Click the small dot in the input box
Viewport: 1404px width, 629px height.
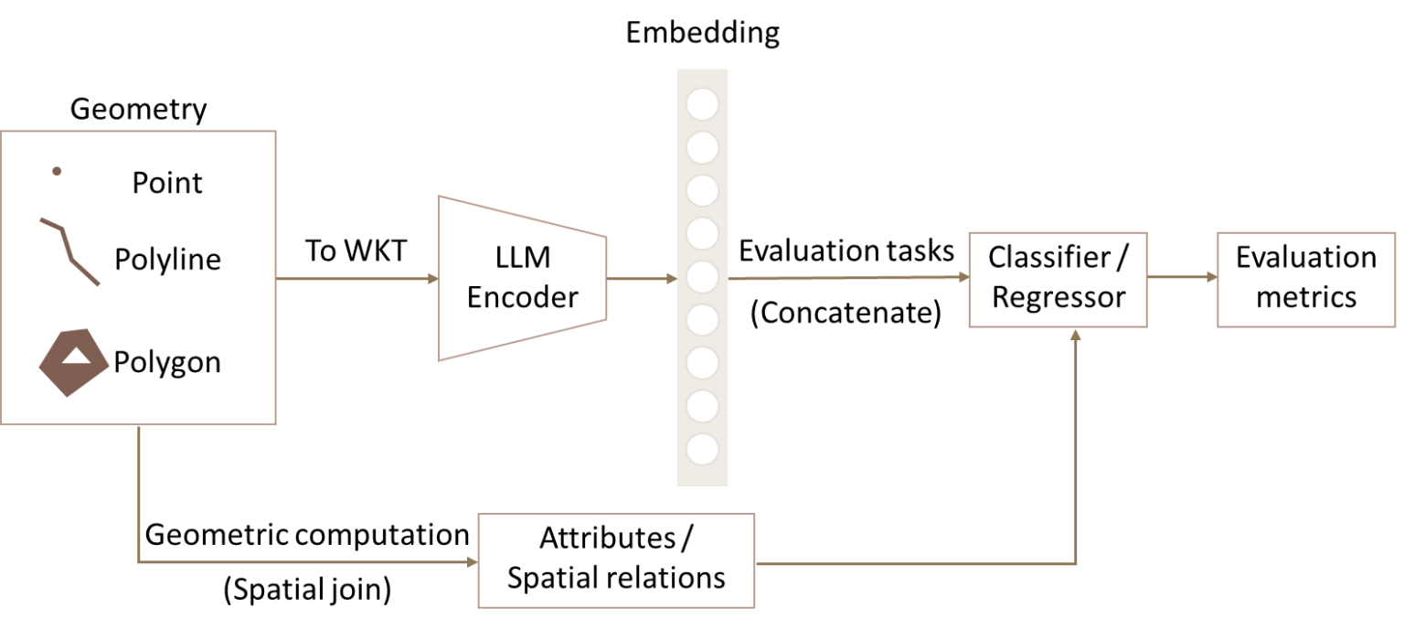[57, 171]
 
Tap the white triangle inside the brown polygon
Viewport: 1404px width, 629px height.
[76, 356]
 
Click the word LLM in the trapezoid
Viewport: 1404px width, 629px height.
[523, 258]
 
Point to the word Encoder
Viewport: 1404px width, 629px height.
[523, 297]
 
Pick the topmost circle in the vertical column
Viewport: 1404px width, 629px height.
[702, 104]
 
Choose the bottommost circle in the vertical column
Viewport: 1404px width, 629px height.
[702, 449]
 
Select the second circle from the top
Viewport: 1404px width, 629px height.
[702, 147]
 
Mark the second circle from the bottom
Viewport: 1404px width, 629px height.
[702, 406]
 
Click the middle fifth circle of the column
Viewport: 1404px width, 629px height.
[702, 276]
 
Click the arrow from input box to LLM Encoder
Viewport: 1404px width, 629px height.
[356, 279]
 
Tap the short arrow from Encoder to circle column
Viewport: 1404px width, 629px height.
[641, 279]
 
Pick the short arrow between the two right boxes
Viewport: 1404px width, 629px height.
[1181, 277]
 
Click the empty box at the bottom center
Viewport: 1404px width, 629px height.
[616, 560]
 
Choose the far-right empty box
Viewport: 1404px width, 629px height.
[1306, 279]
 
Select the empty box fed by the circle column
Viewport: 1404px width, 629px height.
[1058, 279]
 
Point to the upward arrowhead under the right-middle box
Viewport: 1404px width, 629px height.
[1076, 335]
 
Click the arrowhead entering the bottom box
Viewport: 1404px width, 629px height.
[473, 562]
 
